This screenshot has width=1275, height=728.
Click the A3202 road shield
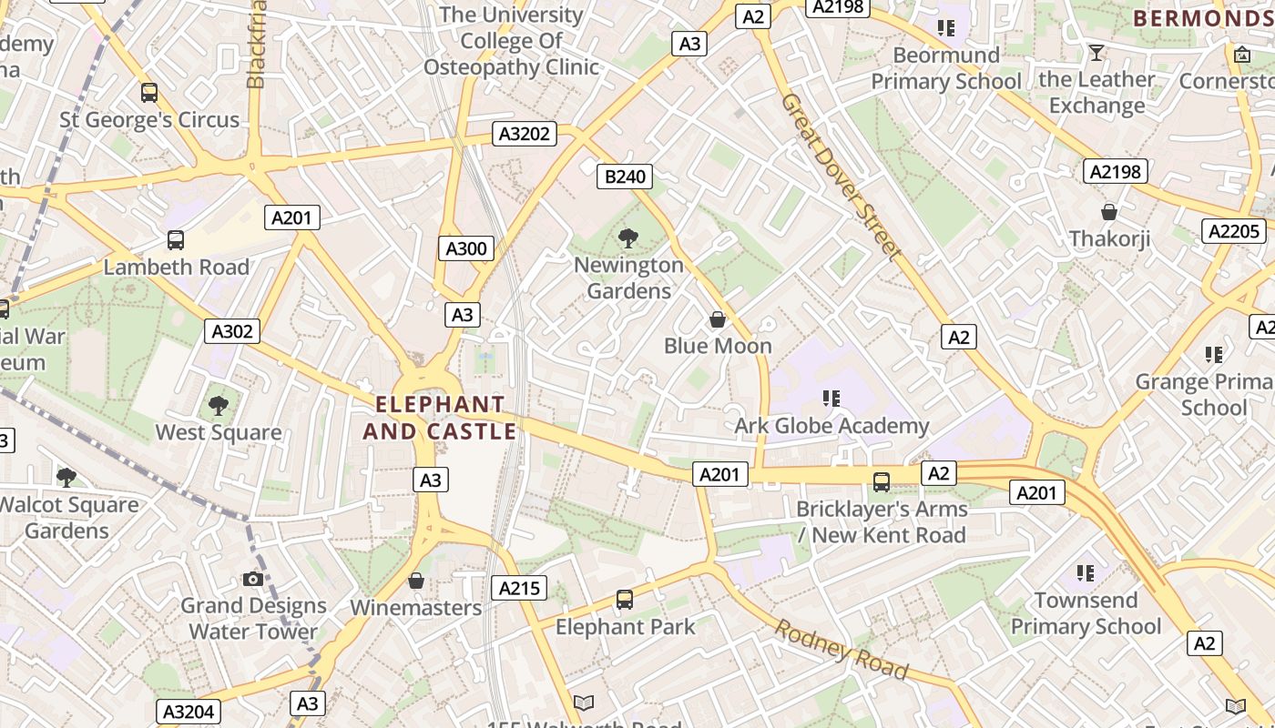(x=525, y=135)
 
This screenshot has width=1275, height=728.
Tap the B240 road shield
(x=626, y=177)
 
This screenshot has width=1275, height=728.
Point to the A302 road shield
(x=232, y=331)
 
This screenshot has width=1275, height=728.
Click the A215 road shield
(x=519, y=588)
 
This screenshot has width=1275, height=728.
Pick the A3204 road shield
(x=189, y=712)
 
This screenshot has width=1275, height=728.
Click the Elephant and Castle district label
(x=441, y=418)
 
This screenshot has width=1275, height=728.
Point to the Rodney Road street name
(x=841, y=649)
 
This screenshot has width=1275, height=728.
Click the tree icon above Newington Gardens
(x=627, y=239)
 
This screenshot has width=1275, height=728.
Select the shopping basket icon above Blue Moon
(x=718, y=319)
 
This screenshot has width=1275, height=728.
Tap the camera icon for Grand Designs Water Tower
(x=253, y=579)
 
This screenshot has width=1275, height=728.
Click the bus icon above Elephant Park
(x=625, y=600)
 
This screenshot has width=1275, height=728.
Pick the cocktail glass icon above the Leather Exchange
(x=1096, y=53)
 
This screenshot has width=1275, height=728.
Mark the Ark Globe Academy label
(x=831, y=426)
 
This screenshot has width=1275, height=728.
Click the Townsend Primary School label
(x=1086, y=613)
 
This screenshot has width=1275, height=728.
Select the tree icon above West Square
(x=218, y=406)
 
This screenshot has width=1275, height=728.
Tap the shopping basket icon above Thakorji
(x=1109, y=213)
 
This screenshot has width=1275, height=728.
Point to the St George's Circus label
(x=149, y=119)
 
